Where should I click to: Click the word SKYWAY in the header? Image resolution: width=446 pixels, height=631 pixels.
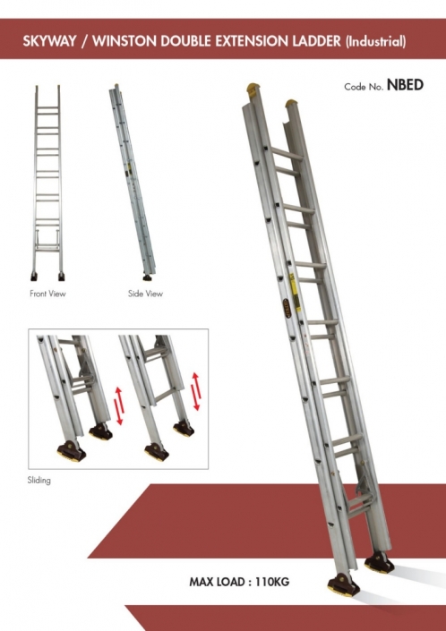pos(49,41)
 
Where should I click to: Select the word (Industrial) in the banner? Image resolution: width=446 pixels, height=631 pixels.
pos(375,41)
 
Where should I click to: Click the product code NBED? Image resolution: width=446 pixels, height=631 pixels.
pos(405,85)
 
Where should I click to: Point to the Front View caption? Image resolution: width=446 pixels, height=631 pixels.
pos(47,294)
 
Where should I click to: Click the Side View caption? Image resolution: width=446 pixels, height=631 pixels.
pos(145,294)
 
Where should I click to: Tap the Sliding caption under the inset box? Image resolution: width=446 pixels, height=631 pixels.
pos(39,480)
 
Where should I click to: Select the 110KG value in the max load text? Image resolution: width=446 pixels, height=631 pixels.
pos(272,582)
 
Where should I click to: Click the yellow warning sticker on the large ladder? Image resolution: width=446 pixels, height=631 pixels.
pos(295,292)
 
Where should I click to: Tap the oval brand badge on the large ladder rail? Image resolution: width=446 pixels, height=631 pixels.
pos(287,308)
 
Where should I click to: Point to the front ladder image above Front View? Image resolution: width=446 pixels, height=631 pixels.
pos(47,183)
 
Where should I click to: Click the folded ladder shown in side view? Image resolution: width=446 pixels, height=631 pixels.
pos(133,182)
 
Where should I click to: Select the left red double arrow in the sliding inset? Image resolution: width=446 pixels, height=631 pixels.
pos(119,405)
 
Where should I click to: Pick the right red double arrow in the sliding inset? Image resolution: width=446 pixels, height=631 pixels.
pos(196,391)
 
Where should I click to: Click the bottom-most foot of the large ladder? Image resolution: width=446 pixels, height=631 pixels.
pos(343,585)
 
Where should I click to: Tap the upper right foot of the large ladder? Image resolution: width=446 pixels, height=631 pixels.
pos(379,562)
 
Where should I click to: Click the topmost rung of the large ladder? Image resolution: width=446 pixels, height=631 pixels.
pos(287,154)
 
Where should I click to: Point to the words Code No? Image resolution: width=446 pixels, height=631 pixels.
pos(364,87)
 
